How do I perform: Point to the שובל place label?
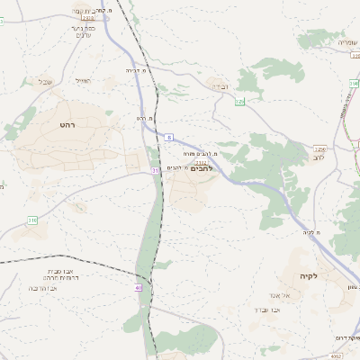(x=45, y=81)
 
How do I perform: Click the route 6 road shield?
(x=168, y=137)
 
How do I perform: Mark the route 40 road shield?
(x=139, y=288)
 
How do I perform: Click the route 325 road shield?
(x=239, y=103)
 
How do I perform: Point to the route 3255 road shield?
(x=319, y=148)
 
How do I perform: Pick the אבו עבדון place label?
(x=267, y=309)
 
